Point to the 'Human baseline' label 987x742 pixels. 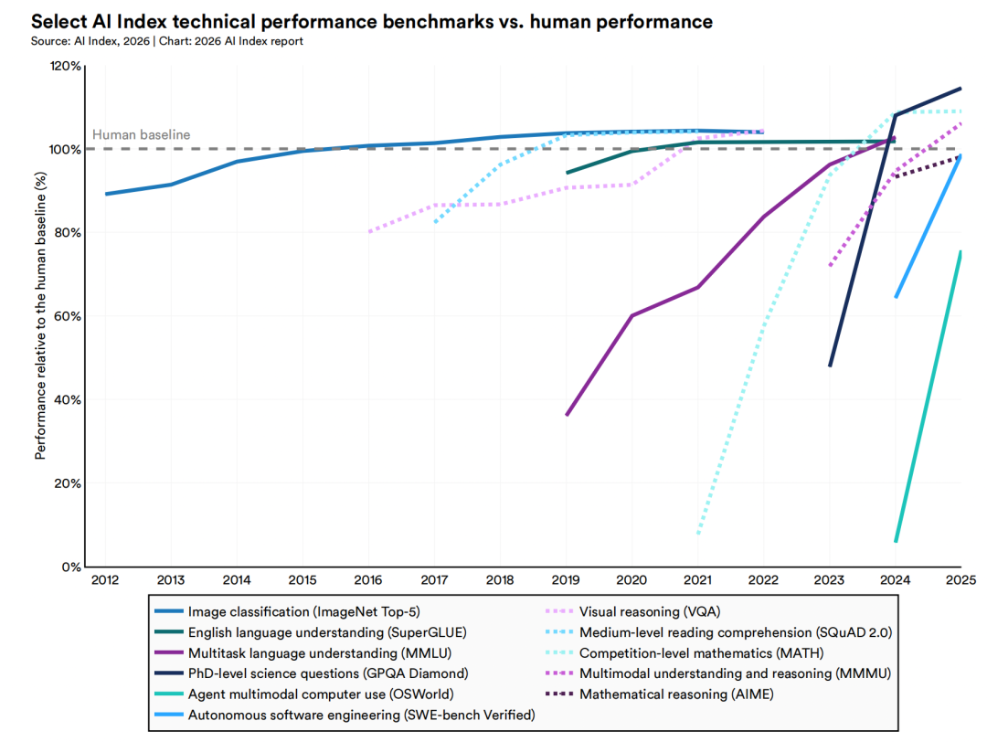tap(142, 134)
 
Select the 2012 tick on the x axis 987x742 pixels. tap(105, 580)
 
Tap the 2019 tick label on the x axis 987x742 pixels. tap(566, 580)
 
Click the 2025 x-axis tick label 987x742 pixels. tap(960, 580)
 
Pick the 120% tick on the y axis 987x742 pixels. tap(66, 67)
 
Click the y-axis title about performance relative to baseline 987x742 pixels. tap(41, 316)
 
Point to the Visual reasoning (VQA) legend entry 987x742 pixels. tap(643, 610)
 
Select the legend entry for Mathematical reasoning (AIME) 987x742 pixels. tap(677, 694)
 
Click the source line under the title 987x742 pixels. tap(167, 41)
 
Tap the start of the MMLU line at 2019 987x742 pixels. tap(567, 415)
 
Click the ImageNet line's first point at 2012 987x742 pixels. tap(105, 194)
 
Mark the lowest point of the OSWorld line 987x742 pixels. tap(896, 542)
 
